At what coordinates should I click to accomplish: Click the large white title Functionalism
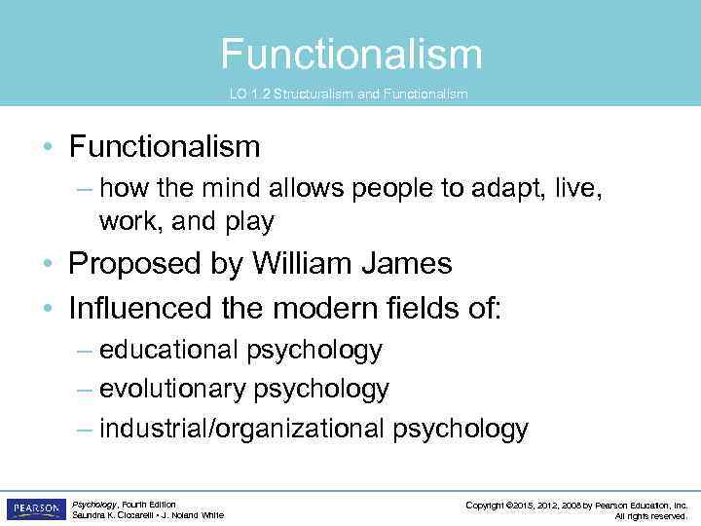350,54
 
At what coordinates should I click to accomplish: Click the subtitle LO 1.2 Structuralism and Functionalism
349,94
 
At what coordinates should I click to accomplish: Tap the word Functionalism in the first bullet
165,147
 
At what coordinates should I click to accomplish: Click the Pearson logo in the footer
36,509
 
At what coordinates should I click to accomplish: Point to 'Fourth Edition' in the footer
146,505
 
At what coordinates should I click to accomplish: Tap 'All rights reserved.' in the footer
651,516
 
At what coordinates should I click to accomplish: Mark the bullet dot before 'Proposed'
47,265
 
